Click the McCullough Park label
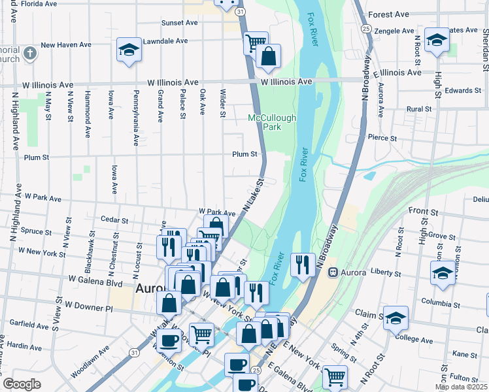272,122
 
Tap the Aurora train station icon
333,272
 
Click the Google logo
22,384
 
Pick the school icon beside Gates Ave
436,39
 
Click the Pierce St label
382,138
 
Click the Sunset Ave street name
180,22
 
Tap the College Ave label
415,339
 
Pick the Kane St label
465,353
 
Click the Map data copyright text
461,387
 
